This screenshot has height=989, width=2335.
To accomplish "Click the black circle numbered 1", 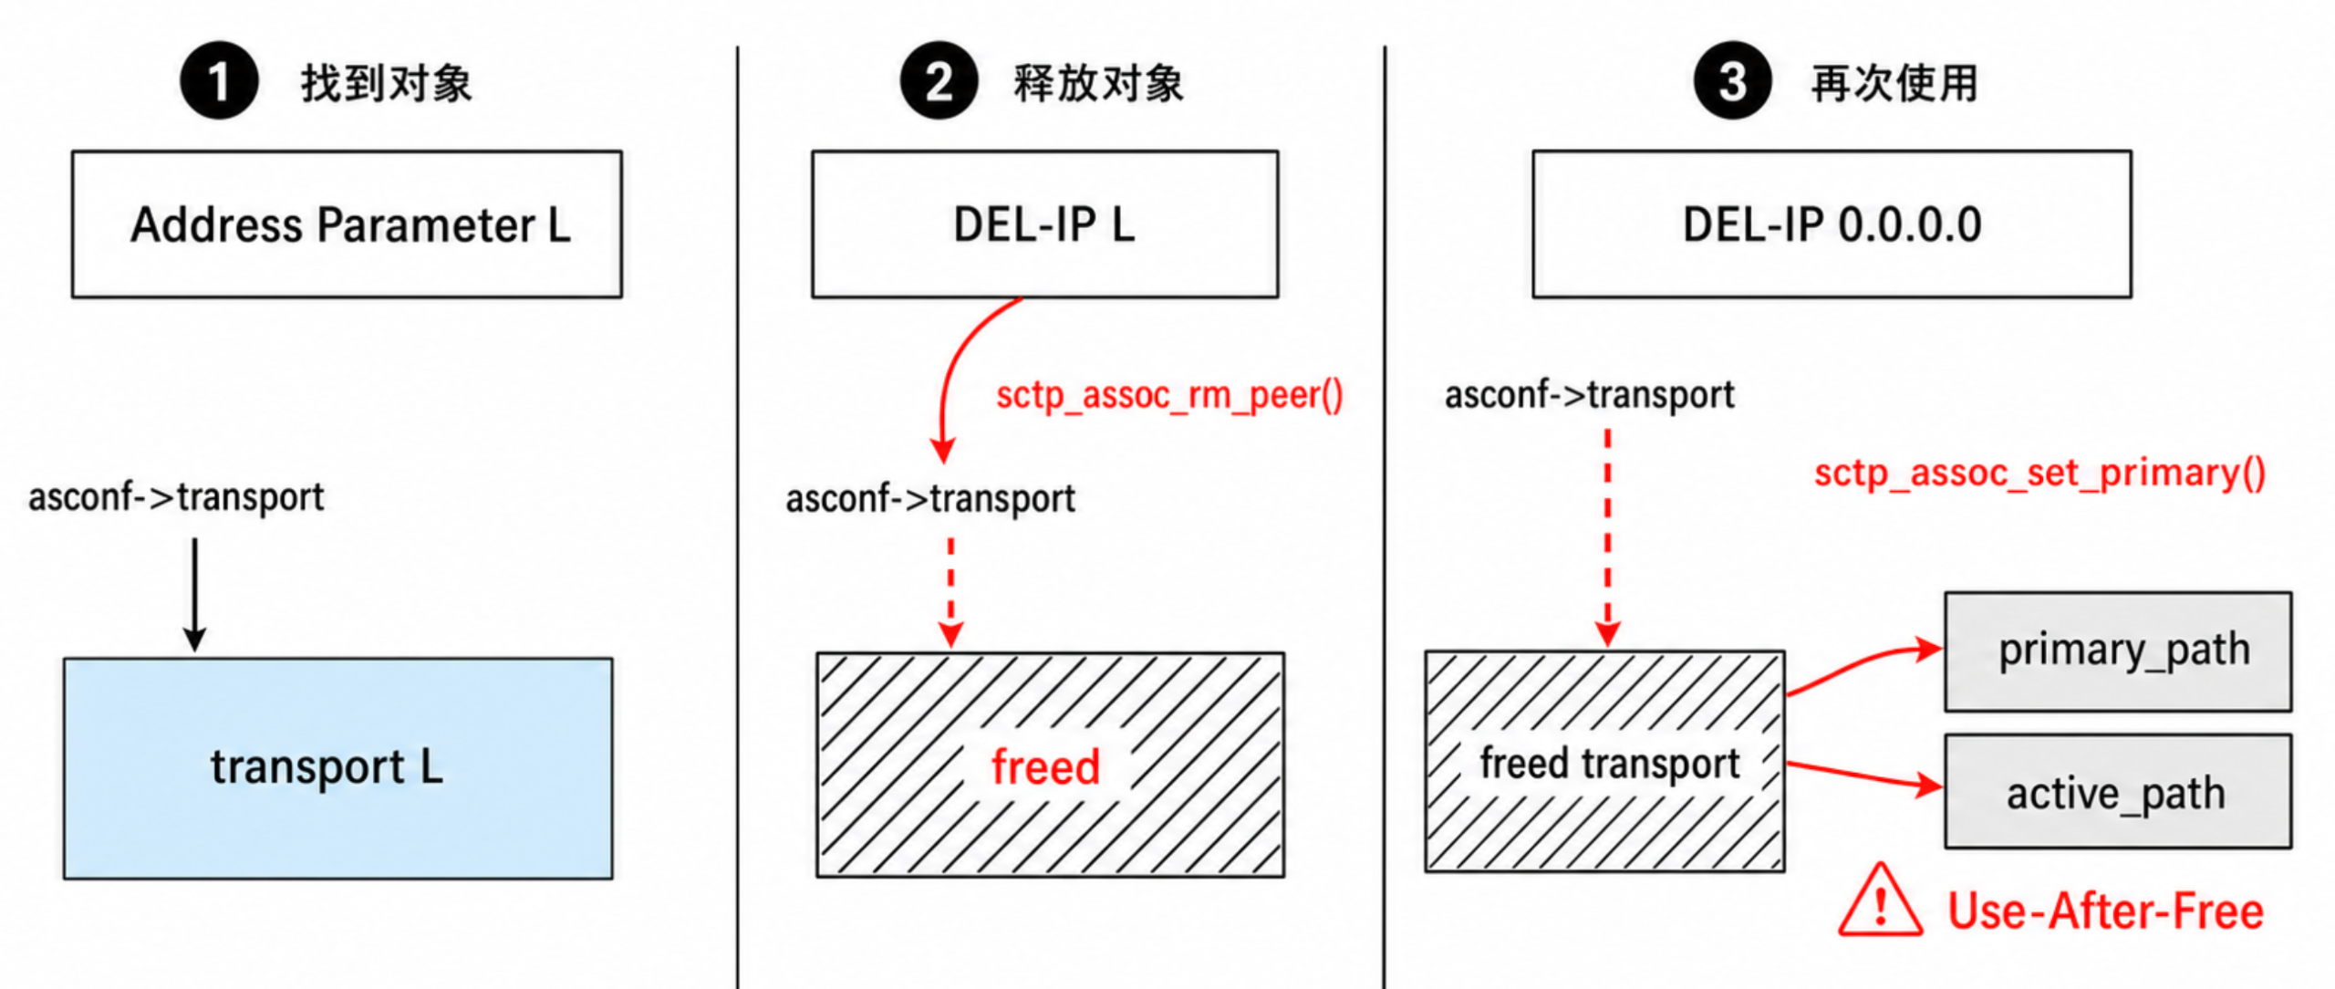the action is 219,80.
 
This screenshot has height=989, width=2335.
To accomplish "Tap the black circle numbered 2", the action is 939,80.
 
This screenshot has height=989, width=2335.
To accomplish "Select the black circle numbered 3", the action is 1732,80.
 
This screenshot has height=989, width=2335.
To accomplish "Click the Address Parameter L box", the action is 347,224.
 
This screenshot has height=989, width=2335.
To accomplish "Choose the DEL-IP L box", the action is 1044,224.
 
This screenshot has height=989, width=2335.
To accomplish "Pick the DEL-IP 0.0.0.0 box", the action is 1832,224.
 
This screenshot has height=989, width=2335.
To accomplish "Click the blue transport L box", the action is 337,768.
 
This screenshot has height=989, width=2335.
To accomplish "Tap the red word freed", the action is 1045,766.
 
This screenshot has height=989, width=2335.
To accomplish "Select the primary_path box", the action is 2117,651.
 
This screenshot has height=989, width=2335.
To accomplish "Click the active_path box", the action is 2117,792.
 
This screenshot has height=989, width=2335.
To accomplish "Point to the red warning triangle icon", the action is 1880,901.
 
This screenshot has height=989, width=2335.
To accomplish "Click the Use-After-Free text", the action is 2105,911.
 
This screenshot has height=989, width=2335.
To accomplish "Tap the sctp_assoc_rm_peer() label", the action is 1169,395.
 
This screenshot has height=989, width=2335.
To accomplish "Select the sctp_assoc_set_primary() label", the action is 2039,473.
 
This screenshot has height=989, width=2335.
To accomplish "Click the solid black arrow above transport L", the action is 194,595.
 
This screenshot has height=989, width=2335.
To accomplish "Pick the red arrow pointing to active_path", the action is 1864,775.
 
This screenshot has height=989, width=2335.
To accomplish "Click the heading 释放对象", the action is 1098,84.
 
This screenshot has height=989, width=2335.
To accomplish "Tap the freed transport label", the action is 1609,763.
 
